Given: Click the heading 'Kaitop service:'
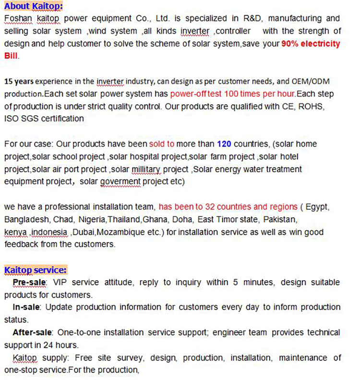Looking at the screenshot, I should pyautogui.click(x=35, y=270).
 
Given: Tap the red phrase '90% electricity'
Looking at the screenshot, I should pyautogui.click(x=311, y=44).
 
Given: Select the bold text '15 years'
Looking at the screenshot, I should pyautogui.click(x=19, y=82).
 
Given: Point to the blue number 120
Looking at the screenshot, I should pyautogui.click(x=224, y=144).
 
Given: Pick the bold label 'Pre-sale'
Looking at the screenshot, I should pyautogui.click(x=30, y=282).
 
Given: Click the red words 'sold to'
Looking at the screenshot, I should pyautogui.click(x=162, y=144).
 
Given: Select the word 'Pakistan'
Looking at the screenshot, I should pyautogui.click(x=282, y=219).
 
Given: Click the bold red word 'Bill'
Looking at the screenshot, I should pyautogui.click(x=11, y=56).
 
